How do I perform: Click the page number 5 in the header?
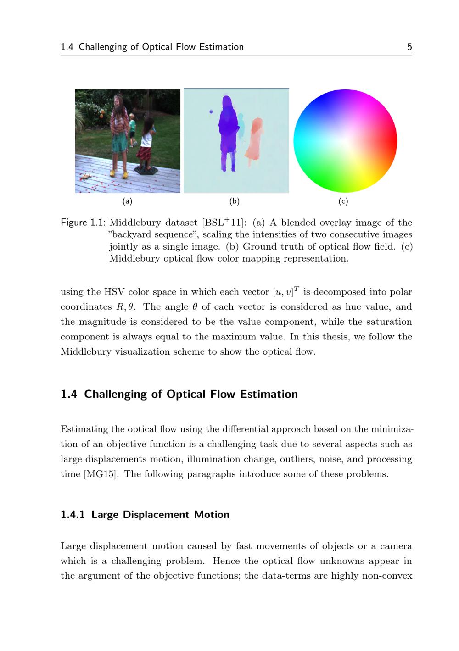[x=409, y=47]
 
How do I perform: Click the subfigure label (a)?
[x=127, y=201]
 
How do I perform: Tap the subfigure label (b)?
[x=235, y=201]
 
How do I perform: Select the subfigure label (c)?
[x=343, y=201]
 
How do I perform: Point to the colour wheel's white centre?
[x=345, y=141]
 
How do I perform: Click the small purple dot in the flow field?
[x=211, y=111]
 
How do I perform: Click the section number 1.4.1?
[x=73, y=514]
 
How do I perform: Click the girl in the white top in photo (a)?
[x=147, y=138]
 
